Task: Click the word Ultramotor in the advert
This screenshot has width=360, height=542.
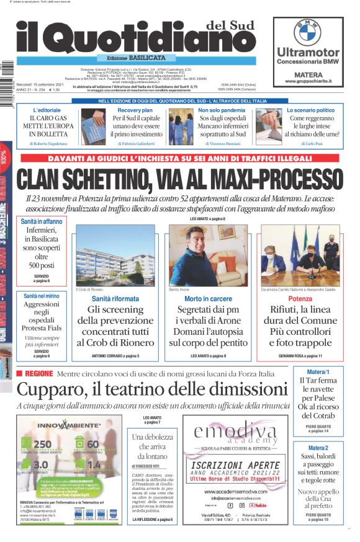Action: click(308, 52)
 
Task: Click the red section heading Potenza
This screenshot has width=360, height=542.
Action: click(300, 299)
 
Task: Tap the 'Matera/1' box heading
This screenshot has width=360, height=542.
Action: click(318, 372)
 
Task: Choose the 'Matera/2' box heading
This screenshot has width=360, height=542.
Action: click(318, 448)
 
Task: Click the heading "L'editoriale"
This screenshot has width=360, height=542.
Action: click(47, 110)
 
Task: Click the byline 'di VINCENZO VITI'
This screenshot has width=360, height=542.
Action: click(147, 465)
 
